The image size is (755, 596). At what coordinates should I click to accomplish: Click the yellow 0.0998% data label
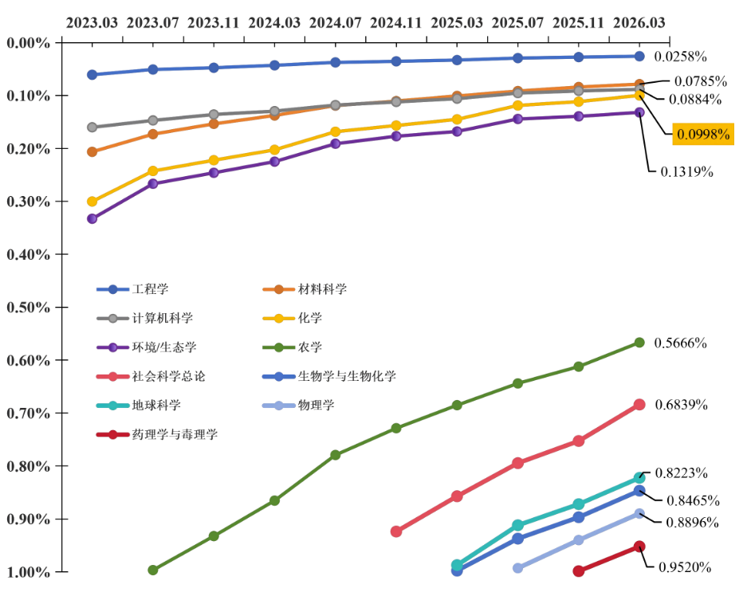(x=703, y=134)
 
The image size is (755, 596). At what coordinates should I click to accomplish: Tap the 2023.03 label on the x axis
(x=92, y=22)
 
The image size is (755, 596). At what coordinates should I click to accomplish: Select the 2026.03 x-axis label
(x=639, y=22)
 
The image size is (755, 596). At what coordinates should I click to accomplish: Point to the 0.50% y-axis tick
(x=28, y=308)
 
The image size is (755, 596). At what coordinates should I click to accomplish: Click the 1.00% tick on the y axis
(x=28, y=572)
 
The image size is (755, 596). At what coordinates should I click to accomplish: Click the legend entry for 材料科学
(x=322, y=289)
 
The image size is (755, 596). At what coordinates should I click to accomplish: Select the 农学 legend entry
(x=310, y=347)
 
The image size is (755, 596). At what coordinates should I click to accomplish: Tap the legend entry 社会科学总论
(x=172, y=376)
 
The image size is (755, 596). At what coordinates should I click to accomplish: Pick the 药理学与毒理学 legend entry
(x=175, y=434)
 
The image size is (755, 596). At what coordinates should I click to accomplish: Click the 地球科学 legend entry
(x=156, y=406)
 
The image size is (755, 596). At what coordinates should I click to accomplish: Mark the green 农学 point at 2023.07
(x=153, y=570)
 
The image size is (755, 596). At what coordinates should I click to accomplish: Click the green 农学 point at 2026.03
(x=639, y=342)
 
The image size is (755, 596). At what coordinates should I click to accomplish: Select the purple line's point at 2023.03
(x=92, y=218)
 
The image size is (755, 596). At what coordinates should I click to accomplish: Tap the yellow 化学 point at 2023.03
(x=92, y=202)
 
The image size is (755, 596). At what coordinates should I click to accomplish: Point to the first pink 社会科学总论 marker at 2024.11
(x=396, y=531)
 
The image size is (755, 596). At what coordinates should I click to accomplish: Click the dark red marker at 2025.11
(x=579, y=571)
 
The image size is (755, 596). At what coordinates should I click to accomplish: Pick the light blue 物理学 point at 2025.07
(x=517, y=568)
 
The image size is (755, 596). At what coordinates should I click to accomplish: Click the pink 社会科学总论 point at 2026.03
(x=639, y=404)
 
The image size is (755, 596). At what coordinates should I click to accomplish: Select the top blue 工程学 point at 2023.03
(x=92, y=74)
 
